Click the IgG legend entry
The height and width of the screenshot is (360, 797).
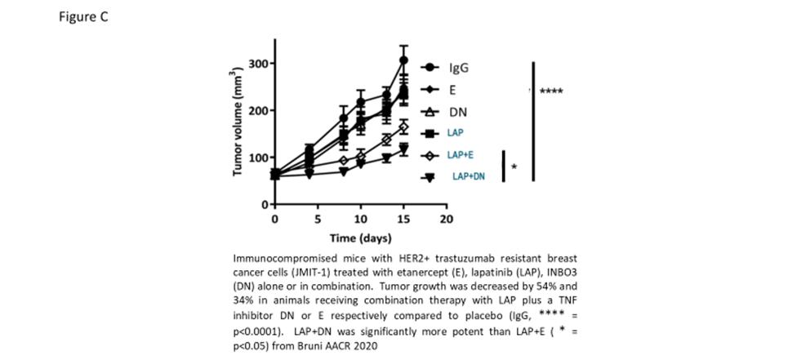(459, 69)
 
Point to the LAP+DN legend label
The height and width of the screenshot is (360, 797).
(468, 177)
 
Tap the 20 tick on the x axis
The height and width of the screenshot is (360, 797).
(446, 220)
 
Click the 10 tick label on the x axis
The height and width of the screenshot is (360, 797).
(360, 220)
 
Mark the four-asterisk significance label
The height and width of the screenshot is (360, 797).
(551, 91)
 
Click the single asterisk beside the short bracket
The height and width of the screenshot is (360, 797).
(514, 167)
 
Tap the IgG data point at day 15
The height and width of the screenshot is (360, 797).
(403, 60)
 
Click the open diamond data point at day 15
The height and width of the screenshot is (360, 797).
(403, 128)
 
